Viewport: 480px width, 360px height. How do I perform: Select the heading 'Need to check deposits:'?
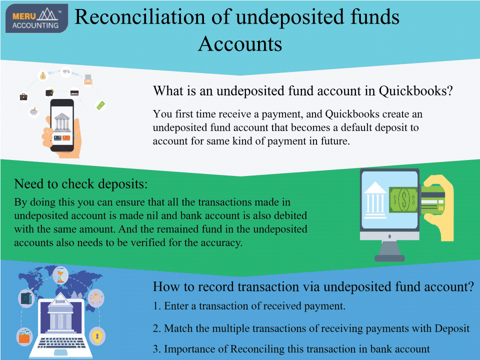click(x=81, y=183)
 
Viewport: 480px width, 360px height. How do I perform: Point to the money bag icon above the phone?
click(x=43, y=76)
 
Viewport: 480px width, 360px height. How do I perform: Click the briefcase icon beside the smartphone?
click(x=23, y=96)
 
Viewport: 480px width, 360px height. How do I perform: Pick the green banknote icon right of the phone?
click(x=100, y=105)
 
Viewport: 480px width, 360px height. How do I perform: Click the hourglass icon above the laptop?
click(x=60, y=276)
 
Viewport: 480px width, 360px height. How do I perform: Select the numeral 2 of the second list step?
click(x=156, y=328)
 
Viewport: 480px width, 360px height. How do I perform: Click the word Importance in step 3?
click(x=189, y=349)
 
